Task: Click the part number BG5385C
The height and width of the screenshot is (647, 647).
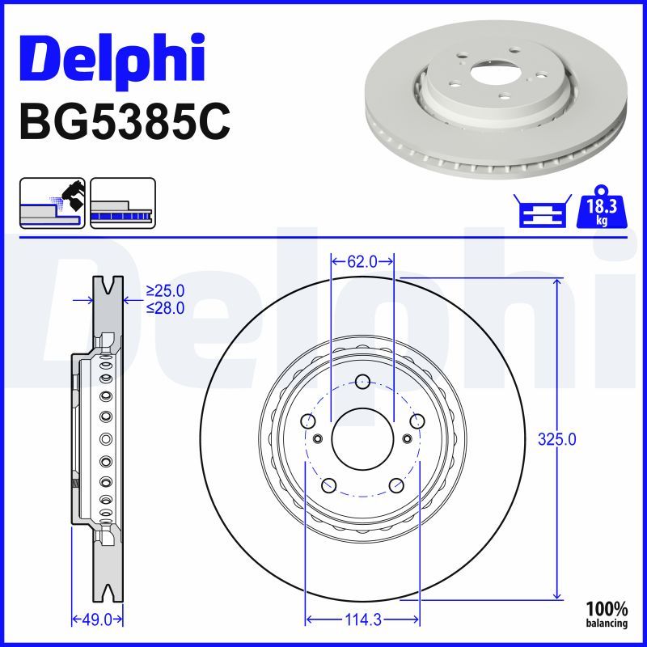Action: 125,122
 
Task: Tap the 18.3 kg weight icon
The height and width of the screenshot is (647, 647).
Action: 602,207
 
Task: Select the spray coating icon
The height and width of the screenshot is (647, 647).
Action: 53,203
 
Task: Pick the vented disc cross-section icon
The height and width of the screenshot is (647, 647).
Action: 123,203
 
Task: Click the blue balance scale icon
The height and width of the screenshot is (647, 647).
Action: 543,210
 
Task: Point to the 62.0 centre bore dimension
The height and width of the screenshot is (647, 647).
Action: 362,261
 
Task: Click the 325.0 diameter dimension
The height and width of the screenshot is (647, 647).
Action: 556,439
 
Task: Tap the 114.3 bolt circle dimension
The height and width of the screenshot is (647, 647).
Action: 362,620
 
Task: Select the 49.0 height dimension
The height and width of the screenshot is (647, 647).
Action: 97,620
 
